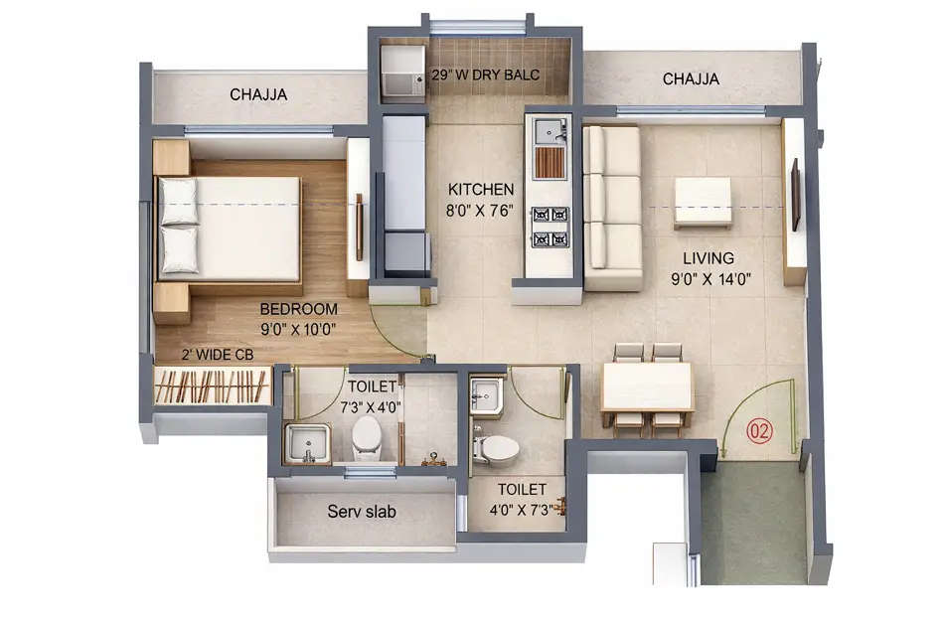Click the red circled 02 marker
pos(759,431)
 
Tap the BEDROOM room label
pos(299,308)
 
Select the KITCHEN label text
pos(481,189)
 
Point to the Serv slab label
pos(363,513)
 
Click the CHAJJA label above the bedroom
pos(258,94)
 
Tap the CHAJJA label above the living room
pos(691,78)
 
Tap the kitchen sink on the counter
pos(548,132)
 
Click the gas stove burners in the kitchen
pos(550,227)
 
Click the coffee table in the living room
pos(703,202)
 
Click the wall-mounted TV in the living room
pos(795,194)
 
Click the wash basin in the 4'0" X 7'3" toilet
pos(487,396)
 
